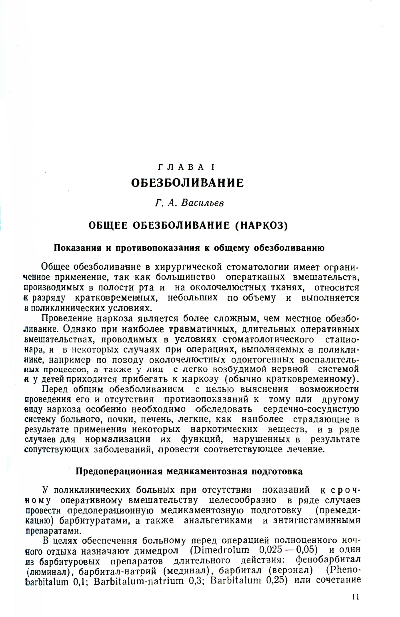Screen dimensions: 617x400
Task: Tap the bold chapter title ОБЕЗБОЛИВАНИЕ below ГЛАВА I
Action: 187,183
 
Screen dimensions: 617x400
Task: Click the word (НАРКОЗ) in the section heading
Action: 262,226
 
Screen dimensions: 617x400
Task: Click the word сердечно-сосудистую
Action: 311,409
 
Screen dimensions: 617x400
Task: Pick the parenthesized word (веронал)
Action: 291,569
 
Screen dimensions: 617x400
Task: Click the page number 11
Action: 356,597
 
